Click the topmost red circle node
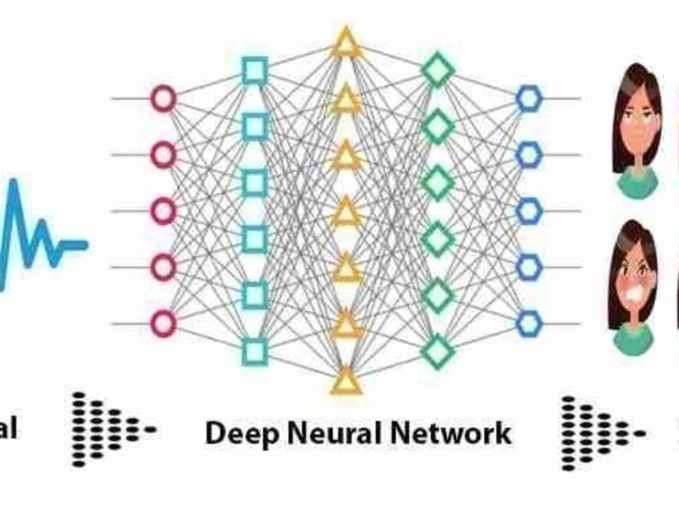click(163, 99)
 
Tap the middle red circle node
click(163, 211)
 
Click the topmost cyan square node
click(255, 71)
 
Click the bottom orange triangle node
click(346, 381)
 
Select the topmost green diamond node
click(438, 70)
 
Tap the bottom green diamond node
click(438, 352)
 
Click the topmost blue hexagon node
click(529, 99)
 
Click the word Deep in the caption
click(242, 434)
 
